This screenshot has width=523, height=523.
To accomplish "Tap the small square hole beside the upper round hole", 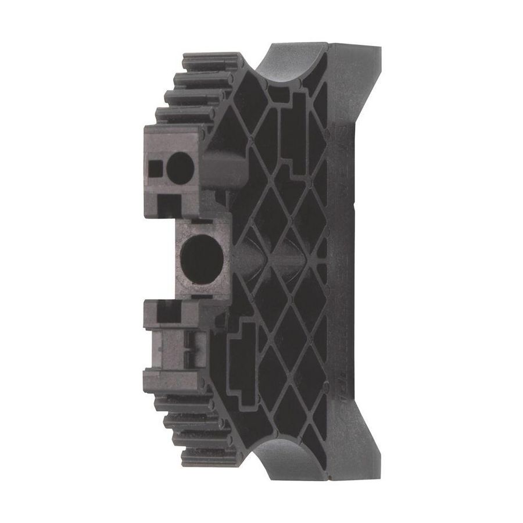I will click(x=155, y=169).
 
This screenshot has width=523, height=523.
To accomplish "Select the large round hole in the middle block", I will click(x=196, y=256).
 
